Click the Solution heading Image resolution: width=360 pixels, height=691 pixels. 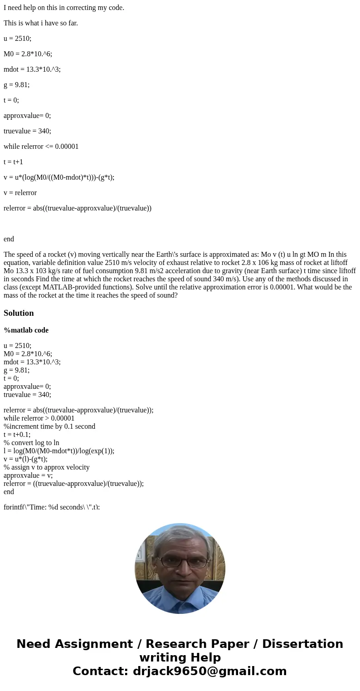pyautogui.click(x=19, y=313)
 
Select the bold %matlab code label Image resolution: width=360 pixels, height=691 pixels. pyautogui.click(x=26, y=330)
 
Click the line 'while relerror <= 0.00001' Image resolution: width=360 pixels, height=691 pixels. pyautogui.click(x=41, y=147)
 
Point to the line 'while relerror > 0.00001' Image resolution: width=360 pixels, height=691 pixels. pyautogui.click(x=39, y=418)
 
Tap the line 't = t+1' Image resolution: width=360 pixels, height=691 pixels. pyautogui.click(x=13, y=162)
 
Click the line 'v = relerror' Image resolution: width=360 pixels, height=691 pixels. pyautogui.click(x=20, y=193)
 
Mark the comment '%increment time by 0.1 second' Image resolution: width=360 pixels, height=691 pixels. pyautogui.click(x=49, y=426)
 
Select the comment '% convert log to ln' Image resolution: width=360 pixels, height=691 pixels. pyautogui.click(x=31, y=443)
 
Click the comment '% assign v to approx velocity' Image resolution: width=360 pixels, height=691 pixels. pyautogui.click(x=46, y=467)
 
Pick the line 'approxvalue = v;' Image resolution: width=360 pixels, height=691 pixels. pyautogui.click(x=28, y=475)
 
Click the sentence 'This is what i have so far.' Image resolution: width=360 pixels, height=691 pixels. pyautogui.click(x=41, y=23)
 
